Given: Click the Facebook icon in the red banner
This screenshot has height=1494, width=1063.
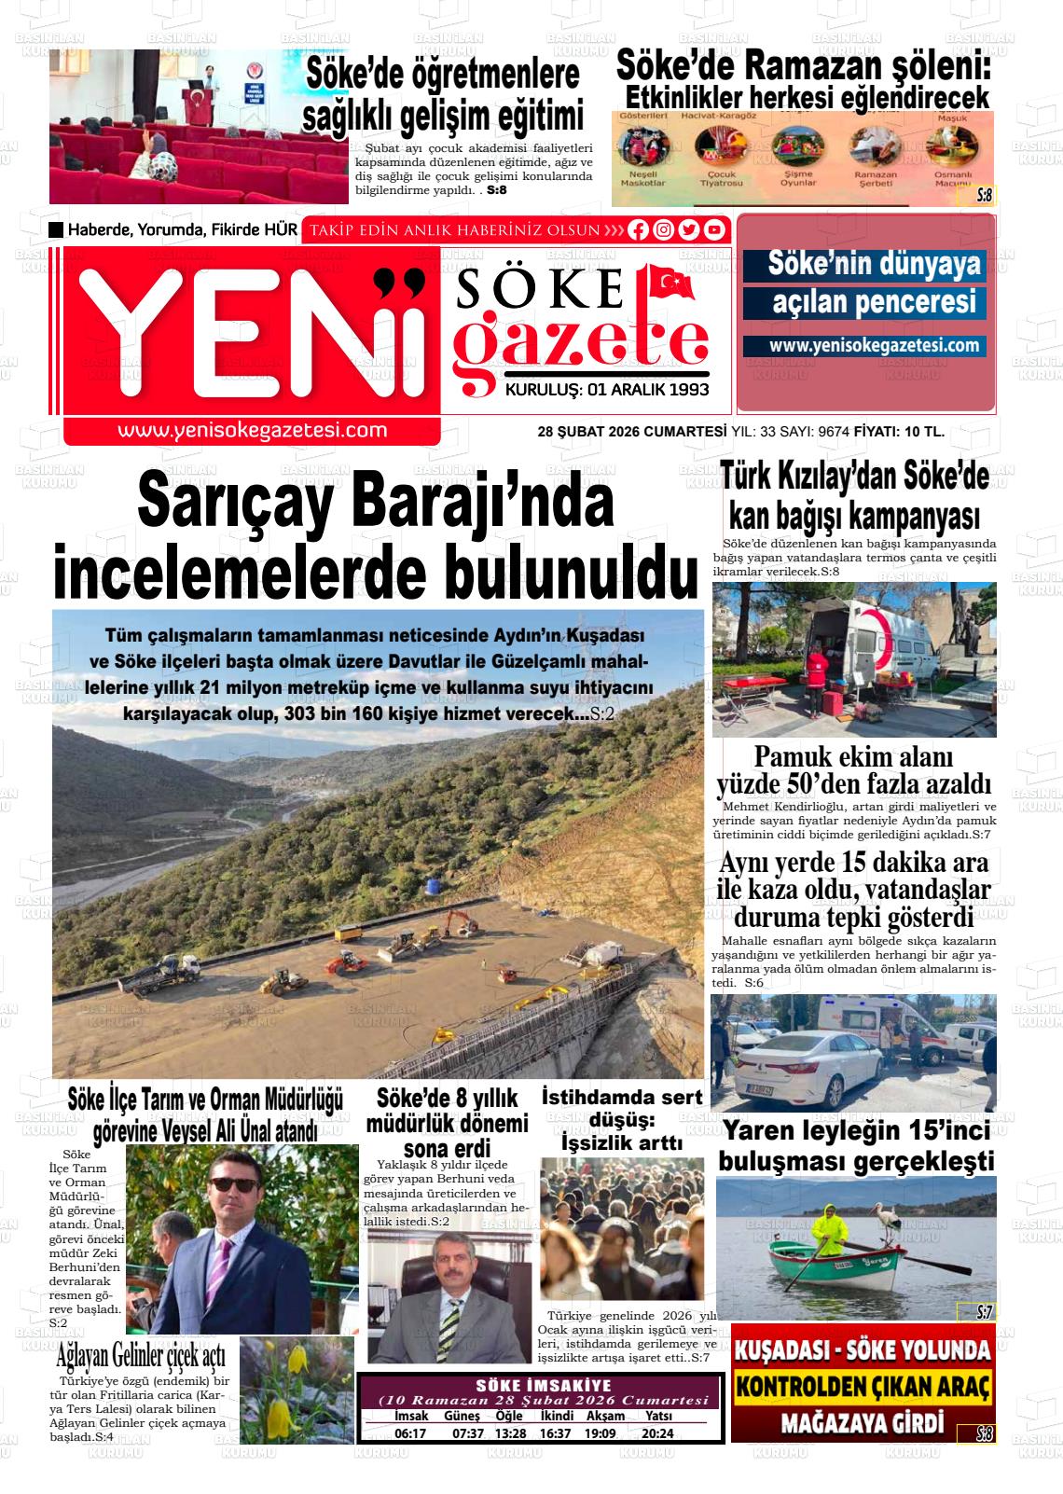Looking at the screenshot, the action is tap(639, 229).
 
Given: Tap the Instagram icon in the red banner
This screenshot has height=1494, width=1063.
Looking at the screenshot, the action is tap(664, 229).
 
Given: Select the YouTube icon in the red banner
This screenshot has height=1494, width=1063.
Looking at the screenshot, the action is tap(714, 229).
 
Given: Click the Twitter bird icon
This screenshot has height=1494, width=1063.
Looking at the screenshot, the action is tap(689, 229).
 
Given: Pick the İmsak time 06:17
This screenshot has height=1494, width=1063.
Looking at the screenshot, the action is tap(410, 1433).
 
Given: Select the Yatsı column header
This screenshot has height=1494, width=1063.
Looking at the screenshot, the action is tap(658, 1417).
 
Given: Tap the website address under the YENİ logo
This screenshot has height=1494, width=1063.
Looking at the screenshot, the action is tap(252, 430).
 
